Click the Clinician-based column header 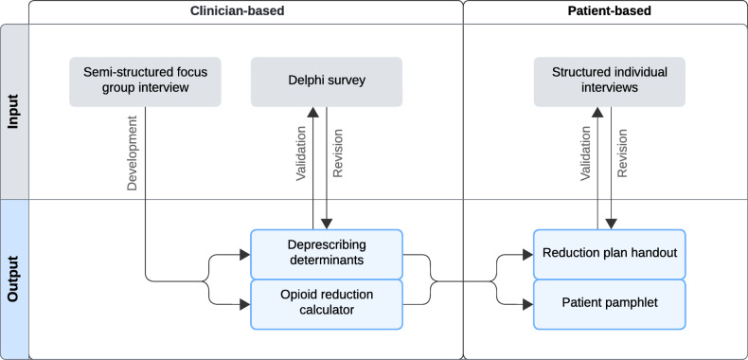coord(246,11)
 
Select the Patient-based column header coord(604,11)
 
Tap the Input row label coord(14,112)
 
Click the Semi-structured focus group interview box coord(146,81)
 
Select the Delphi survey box coord(327,81)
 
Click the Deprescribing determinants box coord(327,254)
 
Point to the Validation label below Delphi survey coord(300,153)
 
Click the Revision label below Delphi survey coord(339,153)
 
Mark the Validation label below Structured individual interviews coord(584,153)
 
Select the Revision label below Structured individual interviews coord(622,153)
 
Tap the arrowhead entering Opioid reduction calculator coord(244,304)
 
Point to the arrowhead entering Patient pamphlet coord(527,304)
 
